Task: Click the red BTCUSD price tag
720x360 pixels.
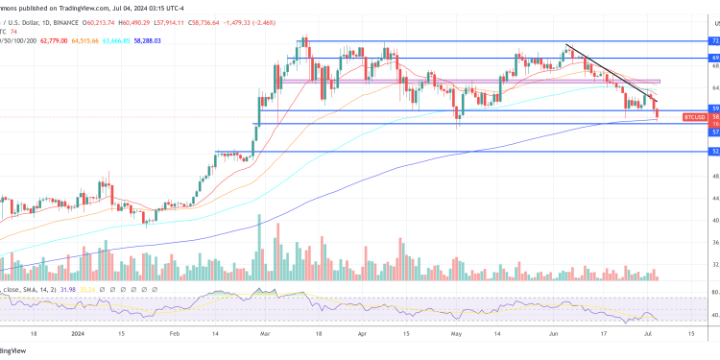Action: click(x=695, y=116)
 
